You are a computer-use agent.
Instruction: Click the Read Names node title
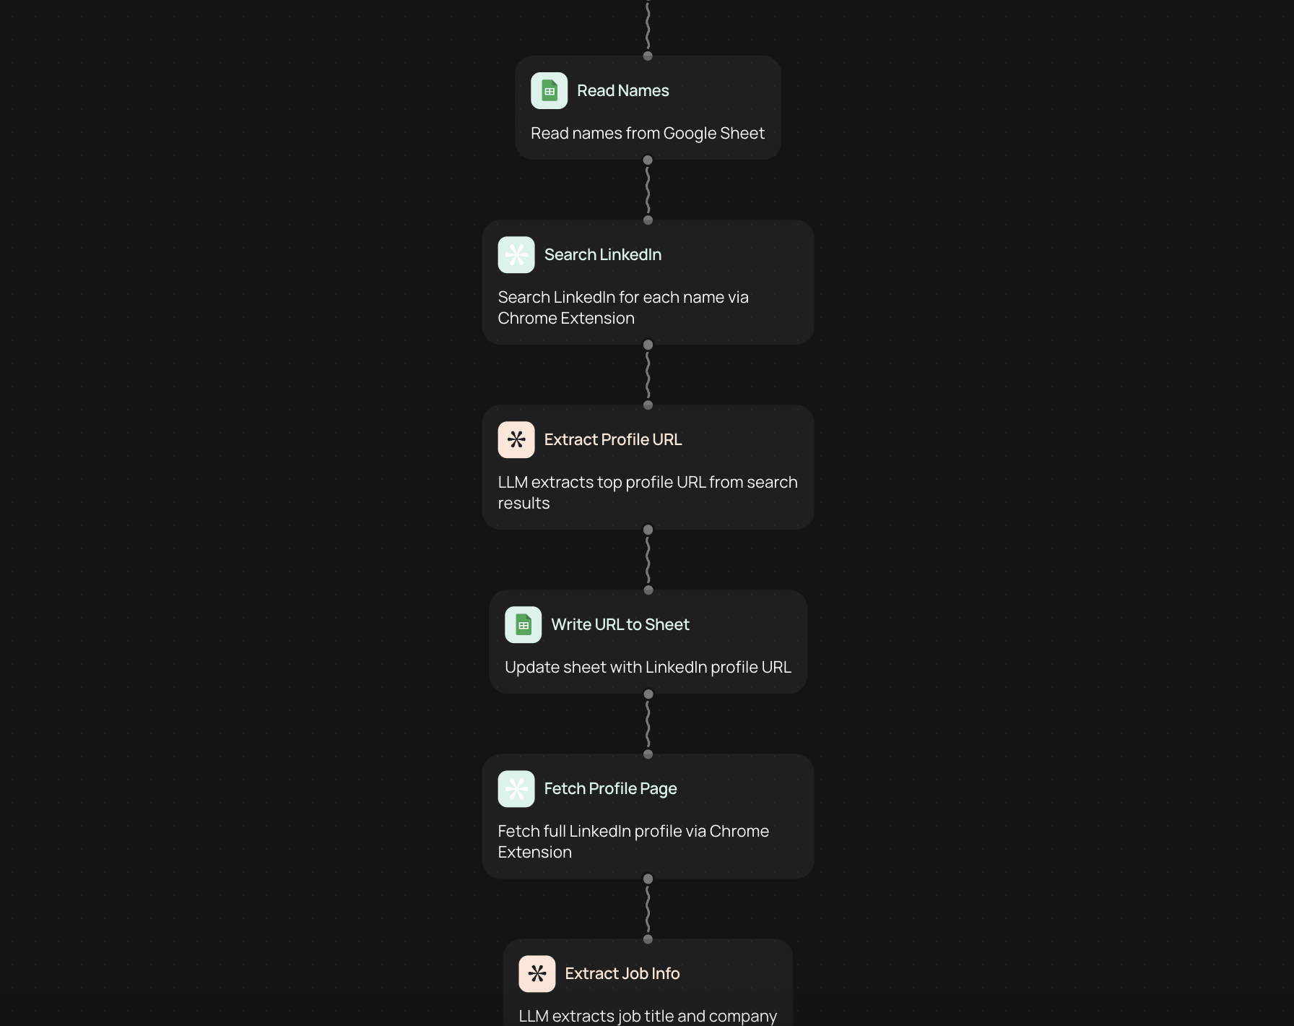pos(622,90)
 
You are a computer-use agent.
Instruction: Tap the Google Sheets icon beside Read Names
pos(549,90)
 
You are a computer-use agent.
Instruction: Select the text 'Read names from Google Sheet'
pos(647,133)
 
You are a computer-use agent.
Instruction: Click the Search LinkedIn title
pos(602,254)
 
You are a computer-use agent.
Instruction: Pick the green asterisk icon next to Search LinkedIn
pos(516,254)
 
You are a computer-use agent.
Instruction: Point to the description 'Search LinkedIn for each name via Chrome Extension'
pos(623,308)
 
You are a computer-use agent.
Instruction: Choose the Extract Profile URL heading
pos(612,439)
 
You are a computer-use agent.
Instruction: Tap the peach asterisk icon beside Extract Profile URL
pos(516,439)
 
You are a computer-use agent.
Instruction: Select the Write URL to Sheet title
pos(620,624)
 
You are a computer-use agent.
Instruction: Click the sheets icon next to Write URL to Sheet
pos(523,624)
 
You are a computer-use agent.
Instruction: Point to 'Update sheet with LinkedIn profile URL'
pos(648,667)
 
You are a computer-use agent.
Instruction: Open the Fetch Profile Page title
pos(610,788)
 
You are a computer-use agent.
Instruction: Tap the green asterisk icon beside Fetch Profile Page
pos(516,788)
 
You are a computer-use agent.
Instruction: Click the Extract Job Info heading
pos(622,973)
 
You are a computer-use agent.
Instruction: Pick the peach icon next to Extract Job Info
pos(537,973)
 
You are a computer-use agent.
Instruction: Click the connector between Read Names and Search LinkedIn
pos(648,190)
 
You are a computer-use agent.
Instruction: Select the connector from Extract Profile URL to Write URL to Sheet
pos(648,560)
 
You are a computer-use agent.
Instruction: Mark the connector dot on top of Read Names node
pos(648,56)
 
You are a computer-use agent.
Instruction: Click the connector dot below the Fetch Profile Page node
pos(648,879)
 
